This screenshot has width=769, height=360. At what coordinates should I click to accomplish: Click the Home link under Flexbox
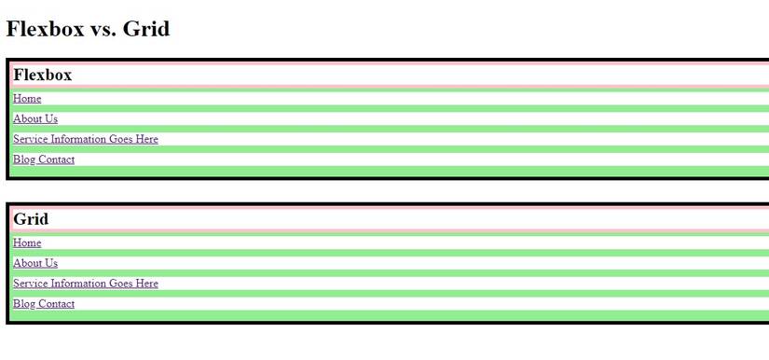[27, 99]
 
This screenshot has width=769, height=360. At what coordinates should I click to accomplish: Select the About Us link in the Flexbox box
[35, 119]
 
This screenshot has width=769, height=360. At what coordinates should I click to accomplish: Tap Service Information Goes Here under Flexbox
[86, 139]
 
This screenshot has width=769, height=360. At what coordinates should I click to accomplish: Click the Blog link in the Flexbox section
[24, 159]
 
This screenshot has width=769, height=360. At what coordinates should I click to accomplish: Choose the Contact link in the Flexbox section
[57, 159]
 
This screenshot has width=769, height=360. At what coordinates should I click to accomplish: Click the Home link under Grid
[27, 243]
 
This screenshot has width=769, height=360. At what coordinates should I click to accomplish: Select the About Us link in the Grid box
[35, 264]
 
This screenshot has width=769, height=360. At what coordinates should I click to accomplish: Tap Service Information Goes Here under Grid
[86, 284]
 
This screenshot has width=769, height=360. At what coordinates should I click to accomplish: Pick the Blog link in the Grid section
[24, 304]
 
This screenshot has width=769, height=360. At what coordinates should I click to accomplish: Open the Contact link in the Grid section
[57, 304]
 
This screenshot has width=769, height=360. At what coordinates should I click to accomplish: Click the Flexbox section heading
[43, 75]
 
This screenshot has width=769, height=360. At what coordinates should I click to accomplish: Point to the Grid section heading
[31, 219]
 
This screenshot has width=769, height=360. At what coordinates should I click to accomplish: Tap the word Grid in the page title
[147, 29]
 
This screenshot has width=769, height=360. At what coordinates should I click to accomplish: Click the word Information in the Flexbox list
[77, 139]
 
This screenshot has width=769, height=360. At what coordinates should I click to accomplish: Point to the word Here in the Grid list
[146, 284]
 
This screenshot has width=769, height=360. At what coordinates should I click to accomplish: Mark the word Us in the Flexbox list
[50, 119]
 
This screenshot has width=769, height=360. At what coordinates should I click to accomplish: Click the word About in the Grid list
[26, 264]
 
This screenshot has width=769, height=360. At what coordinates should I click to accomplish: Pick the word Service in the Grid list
[29, 284]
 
